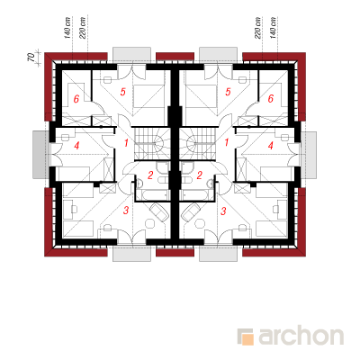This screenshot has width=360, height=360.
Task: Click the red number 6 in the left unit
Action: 76,99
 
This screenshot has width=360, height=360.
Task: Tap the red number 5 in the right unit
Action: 228,92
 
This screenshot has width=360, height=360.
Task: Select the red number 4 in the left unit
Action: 76,146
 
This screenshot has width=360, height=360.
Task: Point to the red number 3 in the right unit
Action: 223,211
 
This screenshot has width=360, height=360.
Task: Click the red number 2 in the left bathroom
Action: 150,175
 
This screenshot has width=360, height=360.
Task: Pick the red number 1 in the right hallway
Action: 227,142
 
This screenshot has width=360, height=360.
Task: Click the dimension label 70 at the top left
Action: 31,58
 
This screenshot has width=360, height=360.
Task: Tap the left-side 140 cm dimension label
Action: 67,28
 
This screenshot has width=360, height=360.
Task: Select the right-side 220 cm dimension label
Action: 257,28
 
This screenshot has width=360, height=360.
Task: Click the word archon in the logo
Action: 301,337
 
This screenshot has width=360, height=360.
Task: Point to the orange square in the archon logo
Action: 247,339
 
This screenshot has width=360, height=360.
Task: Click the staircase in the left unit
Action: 152,144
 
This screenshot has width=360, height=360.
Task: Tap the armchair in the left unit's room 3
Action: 159,211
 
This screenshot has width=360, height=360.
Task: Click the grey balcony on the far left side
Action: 40,155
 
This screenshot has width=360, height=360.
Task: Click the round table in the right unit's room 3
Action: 200,223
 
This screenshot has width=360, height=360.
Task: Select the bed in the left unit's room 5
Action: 148,96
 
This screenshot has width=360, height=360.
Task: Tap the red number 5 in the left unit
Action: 123,92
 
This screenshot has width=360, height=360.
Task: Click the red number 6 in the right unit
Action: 271,99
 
